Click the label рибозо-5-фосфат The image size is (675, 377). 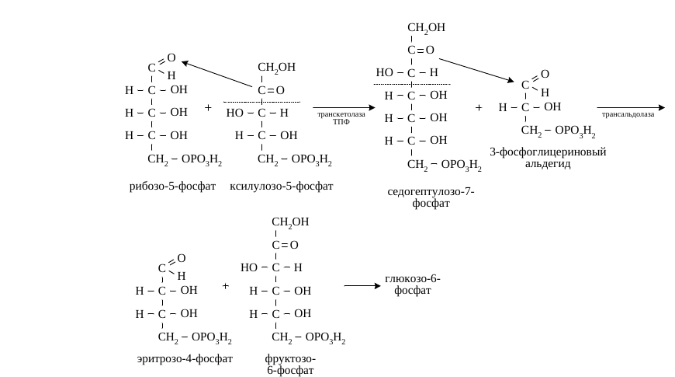(172, 187)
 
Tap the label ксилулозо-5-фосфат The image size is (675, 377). (281, 187)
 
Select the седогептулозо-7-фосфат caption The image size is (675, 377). (431, 197)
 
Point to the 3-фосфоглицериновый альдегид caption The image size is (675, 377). (548, 158)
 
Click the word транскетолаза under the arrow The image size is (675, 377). (341, 114)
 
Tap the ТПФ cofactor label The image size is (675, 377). (341, 121)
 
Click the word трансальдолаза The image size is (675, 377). (628, 114)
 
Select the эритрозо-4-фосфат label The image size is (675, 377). (185, 359)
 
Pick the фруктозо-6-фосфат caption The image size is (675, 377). (290, 365)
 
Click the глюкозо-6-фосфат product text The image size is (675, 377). (413, 284)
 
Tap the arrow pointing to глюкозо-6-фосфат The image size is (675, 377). (362, 285)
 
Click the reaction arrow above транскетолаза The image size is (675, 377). (344, 107)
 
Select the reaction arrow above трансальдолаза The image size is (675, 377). (631, 107)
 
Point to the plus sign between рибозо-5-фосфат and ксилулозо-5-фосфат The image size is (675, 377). (208, 107)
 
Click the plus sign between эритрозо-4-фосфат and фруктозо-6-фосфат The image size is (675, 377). (225, 285)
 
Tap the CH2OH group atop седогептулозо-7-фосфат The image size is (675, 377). (426, 28)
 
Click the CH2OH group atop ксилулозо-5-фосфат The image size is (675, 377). (276, 68)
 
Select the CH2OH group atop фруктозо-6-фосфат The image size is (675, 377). (290, 222)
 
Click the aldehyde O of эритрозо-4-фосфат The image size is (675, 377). (182, 258)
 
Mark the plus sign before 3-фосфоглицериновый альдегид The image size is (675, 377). (478, 107)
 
